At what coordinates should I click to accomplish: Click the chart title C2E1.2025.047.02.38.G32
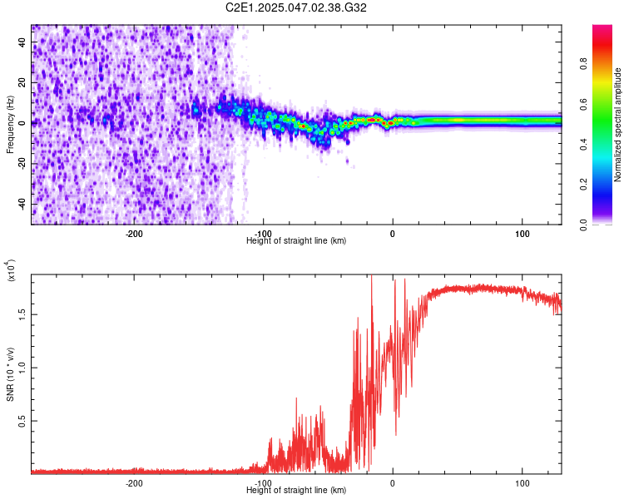coord(296,7)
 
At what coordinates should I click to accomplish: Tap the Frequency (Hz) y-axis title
coord(10,125)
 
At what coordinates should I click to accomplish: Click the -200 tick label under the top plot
coord(135,234)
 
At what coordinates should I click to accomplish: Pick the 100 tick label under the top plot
coord(522,234)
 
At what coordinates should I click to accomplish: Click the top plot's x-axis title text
coord(296,240)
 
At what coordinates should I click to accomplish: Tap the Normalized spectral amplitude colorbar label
coord(617,125)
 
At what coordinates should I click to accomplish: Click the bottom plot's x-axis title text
coord(296,490)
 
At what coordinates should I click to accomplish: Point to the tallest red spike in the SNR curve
coord(371,278)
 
